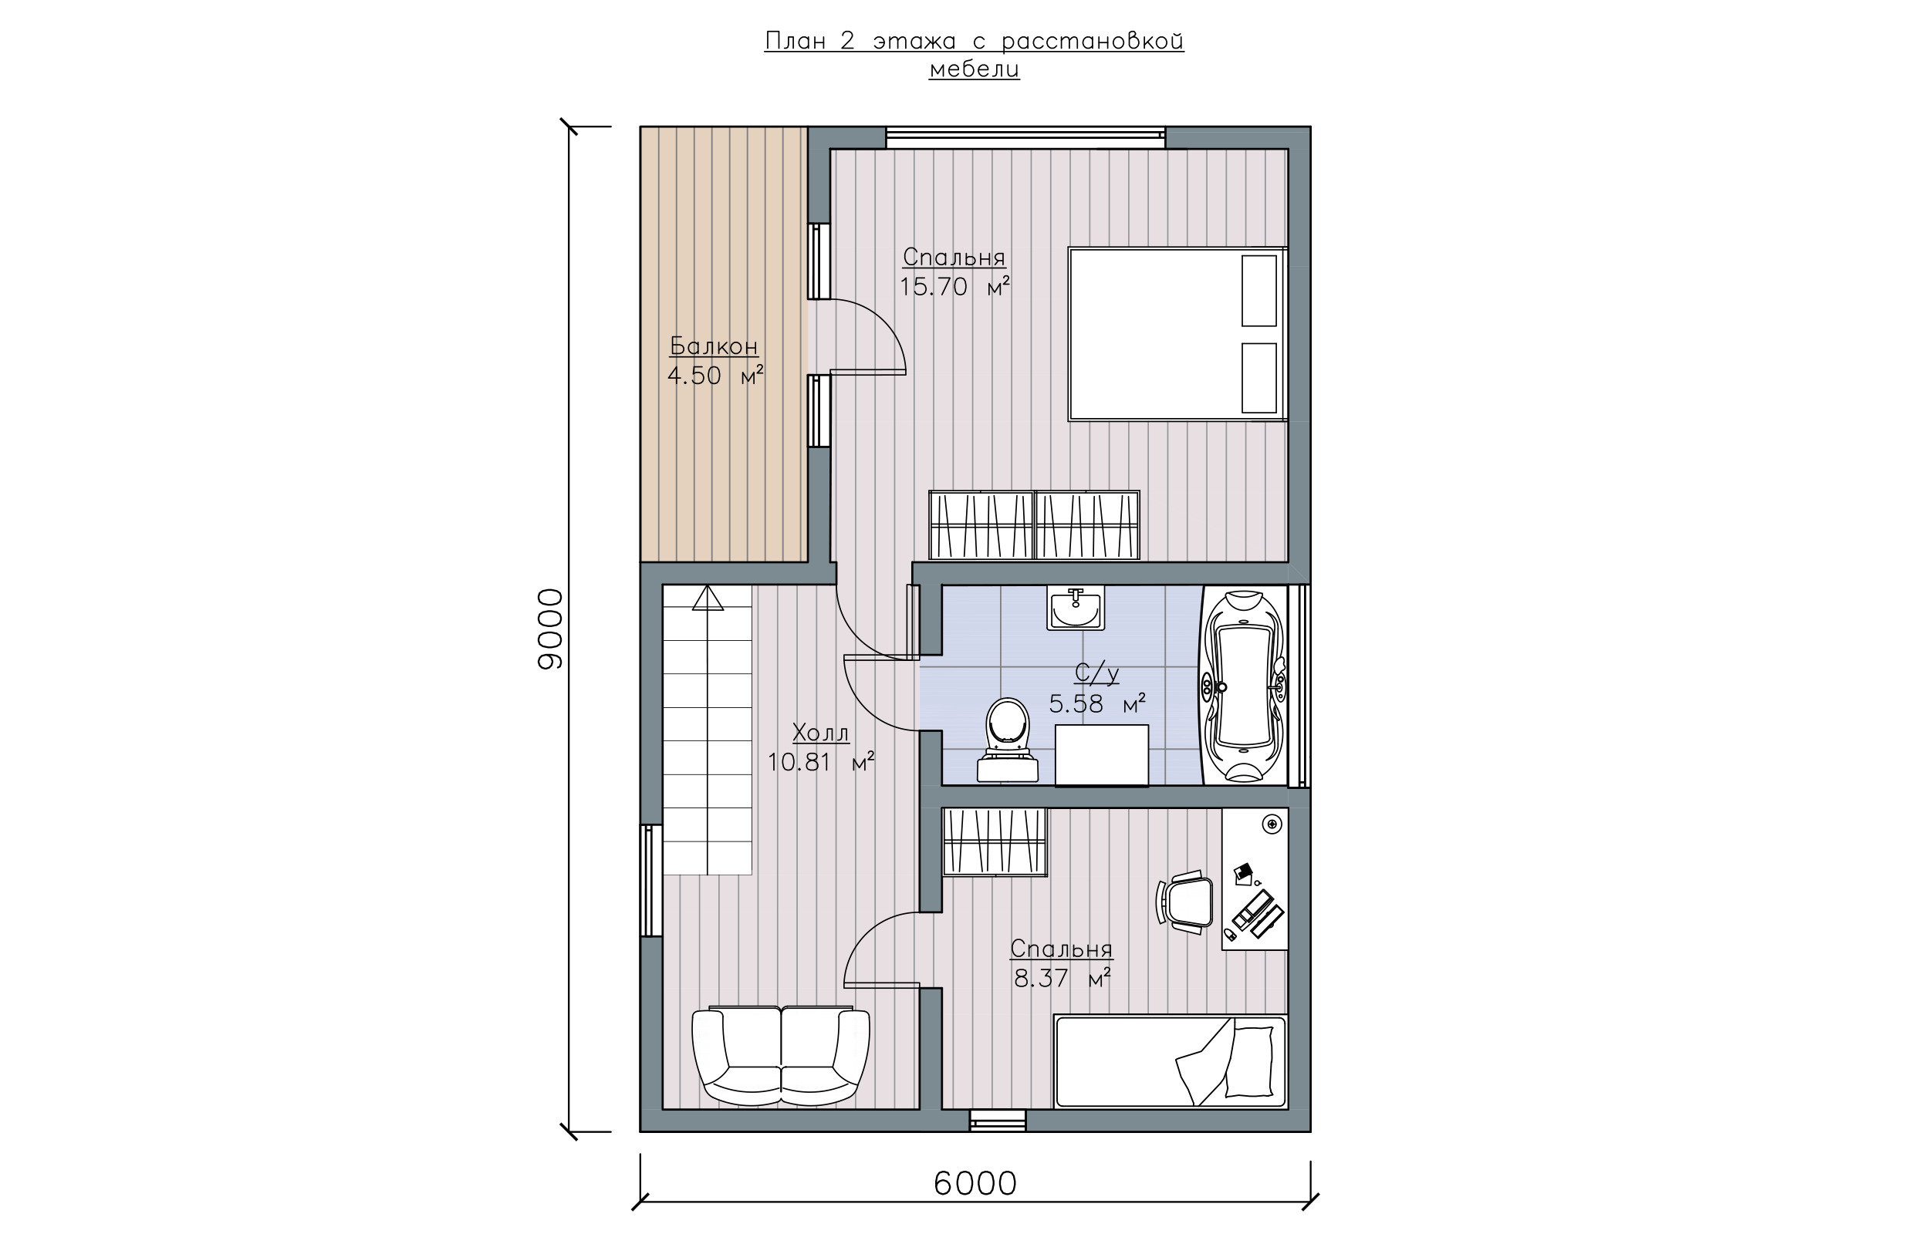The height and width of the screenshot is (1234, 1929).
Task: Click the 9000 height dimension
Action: [550, 629]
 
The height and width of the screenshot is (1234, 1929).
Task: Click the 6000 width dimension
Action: [975, 1184]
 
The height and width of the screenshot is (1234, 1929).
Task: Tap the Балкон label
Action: [713, 346]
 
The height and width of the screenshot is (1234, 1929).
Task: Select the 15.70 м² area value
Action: [954, 286]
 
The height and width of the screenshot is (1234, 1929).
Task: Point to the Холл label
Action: [820, 733]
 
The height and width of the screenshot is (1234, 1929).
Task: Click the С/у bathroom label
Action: [1096, 673]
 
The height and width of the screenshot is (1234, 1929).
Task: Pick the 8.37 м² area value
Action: [1062, 979]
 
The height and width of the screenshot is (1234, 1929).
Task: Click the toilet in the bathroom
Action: [1008, 740]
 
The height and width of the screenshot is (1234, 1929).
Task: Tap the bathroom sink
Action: [1076, 609]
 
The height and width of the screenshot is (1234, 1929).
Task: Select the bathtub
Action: [1244, 686]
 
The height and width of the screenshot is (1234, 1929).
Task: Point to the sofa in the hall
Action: [781, 1056]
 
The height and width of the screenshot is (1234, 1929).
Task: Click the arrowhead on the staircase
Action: [708, 598]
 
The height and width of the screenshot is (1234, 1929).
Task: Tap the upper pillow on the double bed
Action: [1259, 291]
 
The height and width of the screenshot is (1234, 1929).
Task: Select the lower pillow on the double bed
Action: [1259, 378]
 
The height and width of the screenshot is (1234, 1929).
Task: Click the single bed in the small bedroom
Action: [1170, 1062]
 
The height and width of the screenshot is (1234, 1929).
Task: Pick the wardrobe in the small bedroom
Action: [995, 841]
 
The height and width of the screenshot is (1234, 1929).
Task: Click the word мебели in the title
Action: [975, 69]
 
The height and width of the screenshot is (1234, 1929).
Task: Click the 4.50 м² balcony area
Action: [715, 375]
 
